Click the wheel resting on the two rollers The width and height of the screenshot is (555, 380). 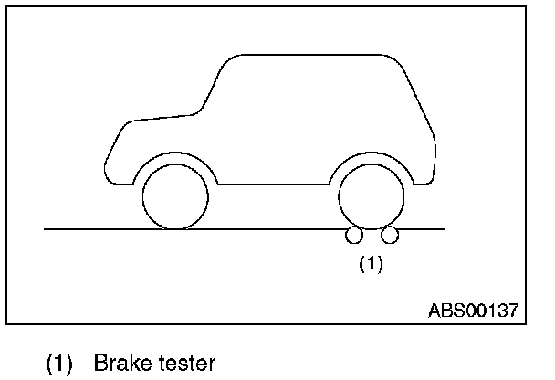pyautogui.click(x=372, y=196)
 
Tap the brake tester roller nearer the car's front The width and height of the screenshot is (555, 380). pyautogui.click(x=354, y=237)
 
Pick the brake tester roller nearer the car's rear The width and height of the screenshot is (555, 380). pyautogui.click(x=390, y=237)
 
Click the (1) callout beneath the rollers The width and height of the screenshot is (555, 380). pyautogui.click(x=371, y=265)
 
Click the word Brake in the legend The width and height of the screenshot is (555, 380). pyautogui.click(x=122, y=364)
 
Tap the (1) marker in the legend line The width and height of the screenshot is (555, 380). pyautogui.click(x=58, y=364)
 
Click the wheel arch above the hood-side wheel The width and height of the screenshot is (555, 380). pyautogui.click(x=175, y=154)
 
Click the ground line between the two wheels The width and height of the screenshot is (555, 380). pyautogui.click(x=274, y=228)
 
